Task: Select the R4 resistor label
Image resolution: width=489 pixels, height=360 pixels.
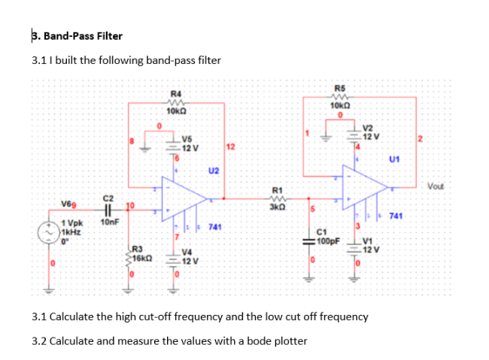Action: click(175, 94)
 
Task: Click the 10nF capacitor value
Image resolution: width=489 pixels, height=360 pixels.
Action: click(109, 223)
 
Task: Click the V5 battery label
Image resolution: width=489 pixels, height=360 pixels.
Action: click(187, 138)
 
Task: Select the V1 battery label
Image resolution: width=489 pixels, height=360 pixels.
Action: click(368, 241)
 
